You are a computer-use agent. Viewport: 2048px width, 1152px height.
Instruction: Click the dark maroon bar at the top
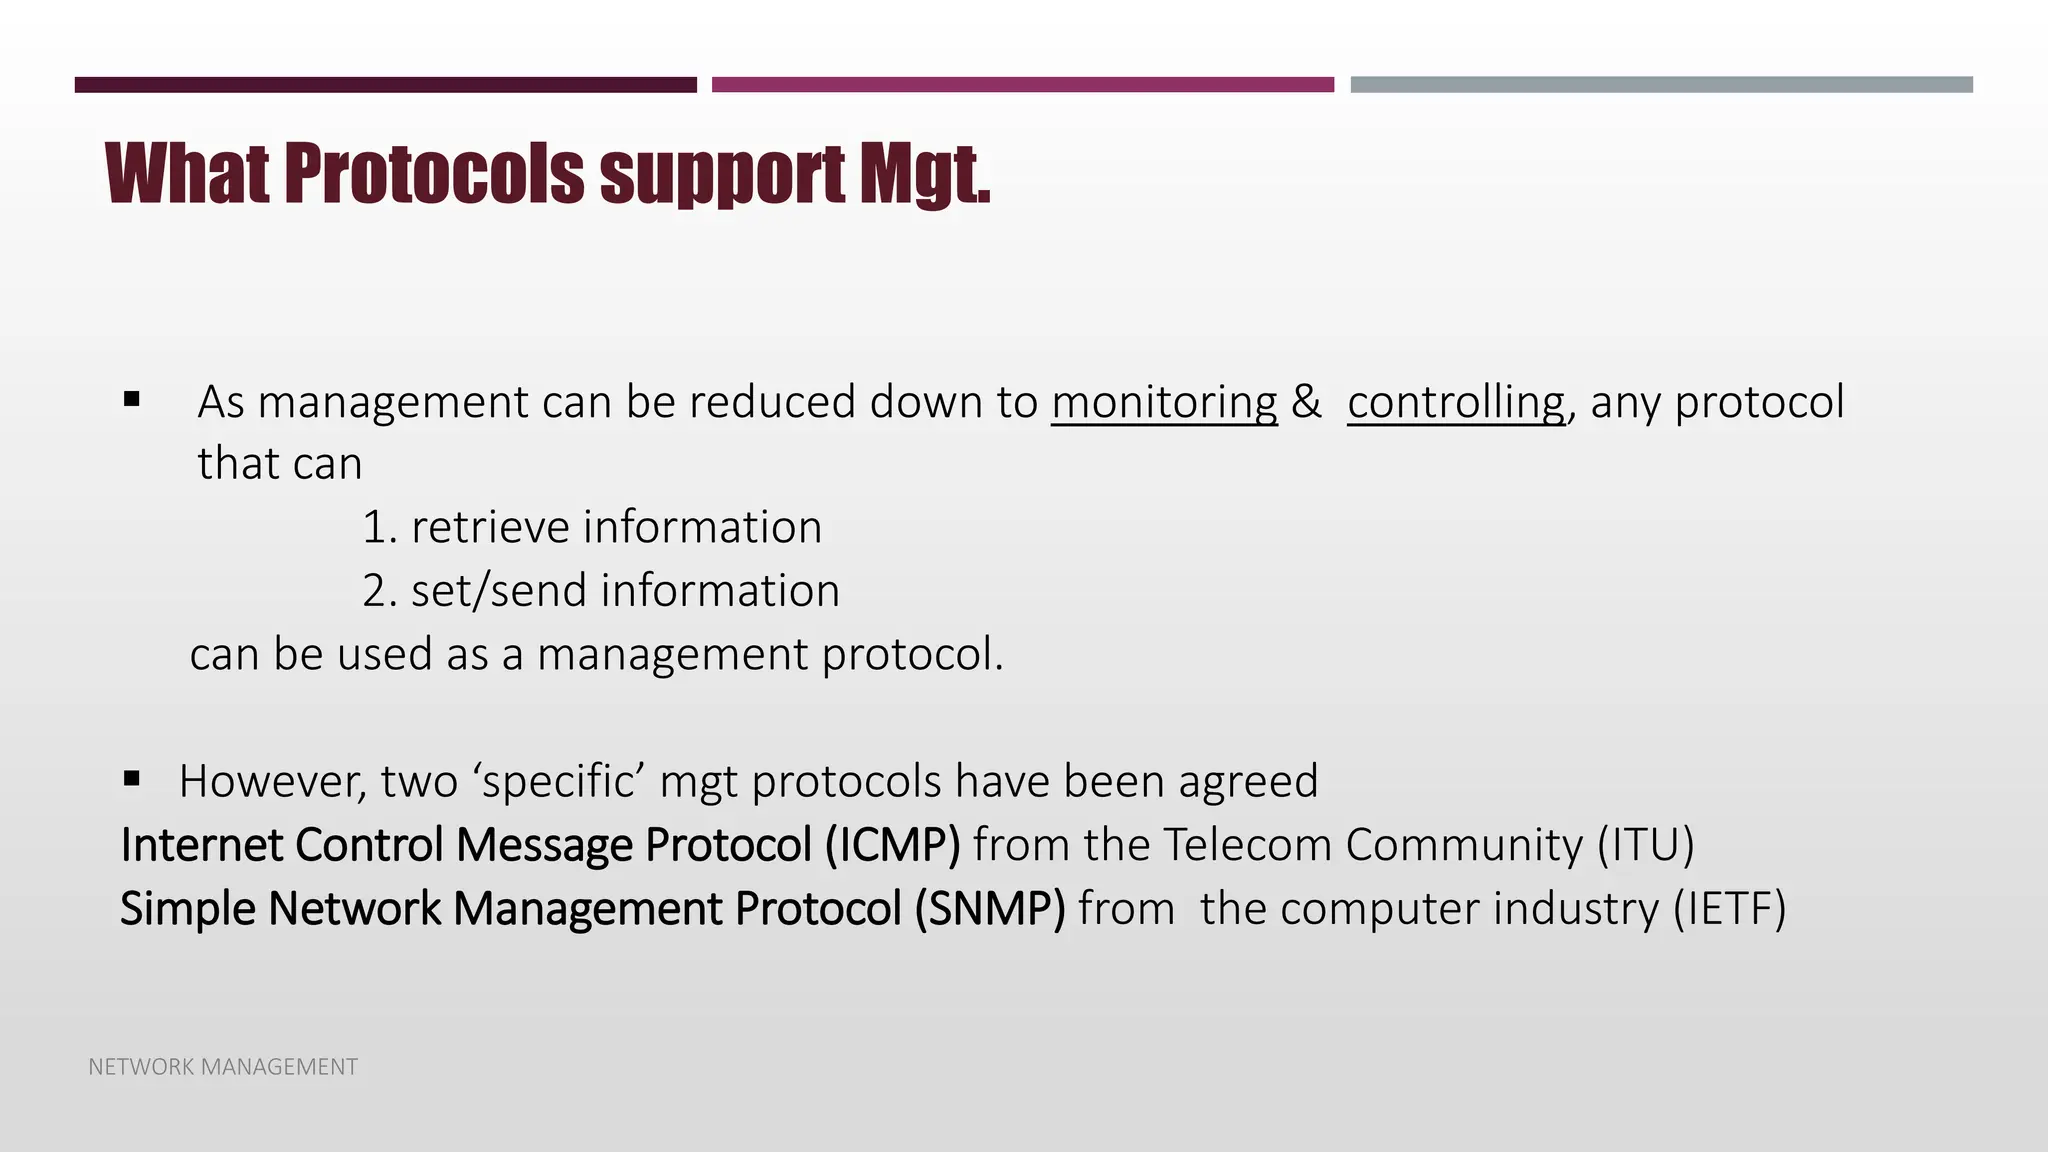385,85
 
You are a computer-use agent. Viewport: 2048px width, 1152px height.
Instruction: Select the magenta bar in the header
1022,85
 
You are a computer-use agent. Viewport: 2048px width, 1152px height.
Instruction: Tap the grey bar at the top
1661,85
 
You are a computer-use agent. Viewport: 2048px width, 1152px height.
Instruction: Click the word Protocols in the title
434,174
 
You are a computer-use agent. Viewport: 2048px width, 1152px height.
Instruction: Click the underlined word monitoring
1164,402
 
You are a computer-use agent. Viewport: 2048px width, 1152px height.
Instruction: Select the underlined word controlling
1456,402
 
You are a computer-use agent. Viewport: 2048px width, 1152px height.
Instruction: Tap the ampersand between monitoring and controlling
1305,402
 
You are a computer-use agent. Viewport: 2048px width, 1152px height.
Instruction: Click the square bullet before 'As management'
132,400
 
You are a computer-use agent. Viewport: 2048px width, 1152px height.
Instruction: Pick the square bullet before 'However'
132,778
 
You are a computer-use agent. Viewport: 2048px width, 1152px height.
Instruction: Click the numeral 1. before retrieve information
379,528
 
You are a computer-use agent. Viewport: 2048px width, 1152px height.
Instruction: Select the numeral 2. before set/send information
380,591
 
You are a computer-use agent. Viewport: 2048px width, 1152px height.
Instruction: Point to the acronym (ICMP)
892,845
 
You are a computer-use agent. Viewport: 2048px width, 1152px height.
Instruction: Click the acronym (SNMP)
990,909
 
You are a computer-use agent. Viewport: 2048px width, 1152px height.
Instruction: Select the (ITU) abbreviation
1645,845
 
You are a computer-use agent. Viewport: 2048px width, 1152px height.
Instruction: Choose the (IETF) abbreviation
1729,909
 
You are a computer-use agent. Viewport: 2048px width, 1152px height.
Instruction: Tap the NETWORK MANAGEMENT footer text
223,1067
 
